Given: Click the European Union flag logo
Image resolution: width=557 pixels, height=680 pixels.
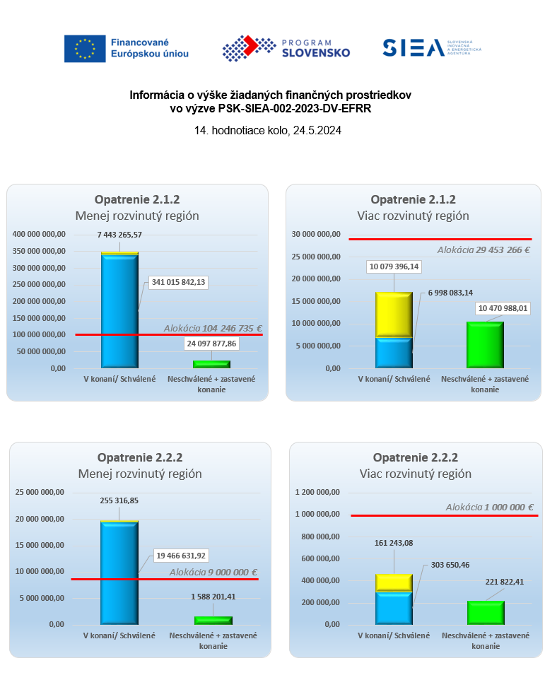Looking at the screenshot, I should pyautogui.click(x=84, y=48).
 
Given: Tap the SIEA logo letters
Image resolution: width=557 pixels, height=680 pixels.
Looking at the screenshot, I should pyautogui.click(x=412, y=47).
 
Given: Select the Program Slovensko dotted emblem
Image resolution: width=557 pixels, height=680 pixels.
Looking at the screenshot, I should pyautogui.click(x=249, y=48).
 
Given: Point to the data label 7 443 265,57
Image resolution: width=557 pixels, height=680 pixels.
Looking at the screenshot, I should pyautogui.click(x=120, y=235).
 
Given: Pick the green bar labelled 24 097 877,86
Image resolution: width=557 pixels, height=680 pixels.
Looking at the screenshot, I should pyautogui.click(x=211, y=364).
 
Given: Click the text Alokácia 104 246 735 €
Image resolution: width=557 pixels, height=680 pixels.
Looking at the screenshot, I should pyautogui.click(x=213, y=328).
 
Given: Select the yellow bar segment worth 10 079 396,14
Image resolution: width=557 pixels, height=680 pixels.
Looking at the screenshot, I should pyautogui.click(x=394, y=315).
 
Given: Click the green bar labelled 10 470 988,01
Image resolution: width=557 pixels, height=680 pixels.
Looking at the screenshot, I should pyautogui.click(x=485, y=345).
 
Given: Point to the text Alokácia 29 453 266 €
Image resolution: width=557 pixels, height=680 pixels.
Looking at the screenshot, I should pyautogui.click(x=483, y=250).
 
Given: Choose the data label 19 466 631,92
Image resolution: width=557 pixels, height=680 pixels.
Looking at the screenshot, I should pyautogui.click(x=180, y=555).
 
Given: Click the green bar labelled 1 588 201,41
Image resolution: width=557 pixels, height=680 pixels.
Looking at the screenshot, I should pyautogui.click(x=213, y=620).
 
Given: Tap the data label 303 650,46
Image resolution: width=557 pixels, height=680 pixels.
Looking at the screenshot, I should pyautogui.click(x=447, y=565).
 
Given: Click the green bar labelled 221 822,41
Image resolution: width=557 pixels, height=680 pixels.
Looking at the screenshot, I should pyautogui.click(x=486, y=612).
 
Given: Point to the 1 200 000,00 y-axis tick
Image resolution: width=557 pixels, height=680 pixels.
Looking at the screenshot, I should pyautogui.click(x=317, y=492).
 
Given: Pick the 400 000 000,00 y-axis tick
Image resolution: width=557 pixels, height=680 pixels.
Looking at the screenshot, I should pyautogui.click(x=40, y=234).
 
